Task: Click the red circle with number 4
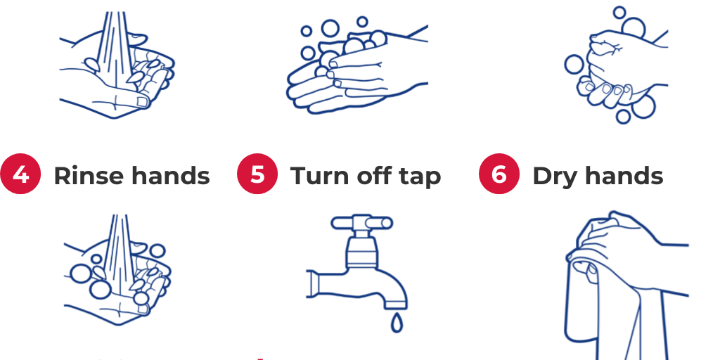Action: [21, 174]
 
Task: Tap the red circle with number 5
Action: [257, 174]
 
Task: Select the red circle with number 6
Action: [499, 174]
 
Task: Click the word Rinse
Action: [89, 175]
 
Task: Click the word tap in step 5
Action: [420, 176]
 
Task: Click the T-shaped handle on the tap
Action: [361, 224]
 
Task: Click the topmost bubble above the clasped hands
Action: [619, 12]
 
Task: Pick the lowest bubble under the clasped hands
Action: [624, 117]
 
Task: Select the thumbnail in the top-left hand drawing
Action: [143, 101]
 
